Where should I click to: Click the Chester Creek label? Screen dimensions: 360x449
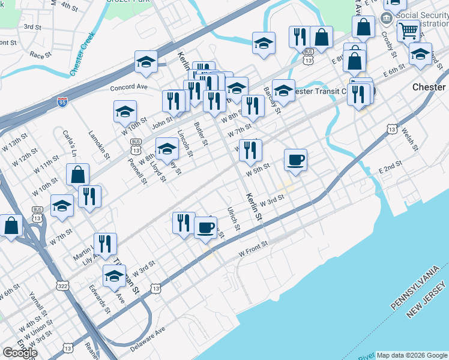click(x=83, y=54)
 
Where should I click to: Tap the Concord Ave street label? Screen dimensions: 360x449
click(x=128, y=87)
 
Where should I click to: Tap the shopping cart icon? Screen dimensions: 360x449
click(x=408, y=29)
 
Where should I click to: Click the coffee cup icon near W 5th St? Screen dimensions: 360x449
click(x=295, y=160)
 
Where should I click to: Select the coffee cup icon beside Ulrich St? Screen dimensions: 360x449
click(x=205, y=227)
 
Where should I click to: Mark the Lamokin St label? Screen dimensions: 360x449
click(x=99, y=145)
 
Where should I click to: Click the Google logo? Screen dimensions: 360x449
click(x=20, y=353)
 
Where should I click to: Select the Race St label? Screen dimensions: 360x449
click(x=40, y=54)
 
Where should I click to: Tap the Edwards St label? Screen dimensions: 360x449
click(x=100, y=299)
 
